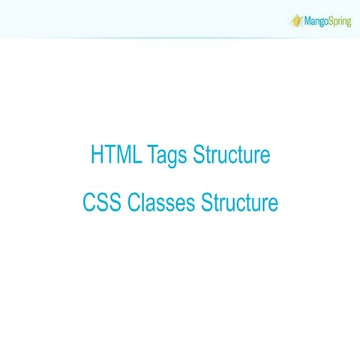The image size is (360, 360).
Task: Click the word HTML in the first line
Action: pyautogui.click(x=115, y=156)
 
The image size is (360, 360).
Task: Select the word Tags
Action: pyautogui.click(x=167, y=157)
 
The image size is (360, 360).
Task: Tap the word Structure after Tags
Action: pyautogui.click(x=231, y=156)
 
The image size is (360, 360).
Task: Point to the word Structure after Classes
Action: pyautogui.click(x=240, y=202)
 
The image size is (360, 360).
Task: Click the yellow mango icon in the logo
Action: pyautogui.click(x=295, y=19)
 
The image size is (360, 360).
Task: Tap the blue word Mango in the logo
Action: pyautogui.click(x=312, y=21)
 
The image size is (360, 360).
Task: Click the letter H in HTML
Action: pyautogui.click(x=97, y=156)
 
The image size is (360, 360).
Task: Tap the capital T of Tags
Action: pyautogui.click(x=152, y=156)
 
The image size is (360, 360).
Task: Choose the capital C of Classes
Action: pyautogui.click(x=133, y=202)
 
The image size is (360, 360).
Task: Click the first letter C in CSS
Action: pyautogui.click(x=88, y=202)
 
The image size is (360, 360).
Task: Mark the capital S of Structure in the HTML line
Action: pyautogui.click(x=198, y=156)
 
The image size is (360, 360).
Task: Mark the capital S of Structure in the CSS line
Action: pyautogui.click(x=207, y=202)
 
